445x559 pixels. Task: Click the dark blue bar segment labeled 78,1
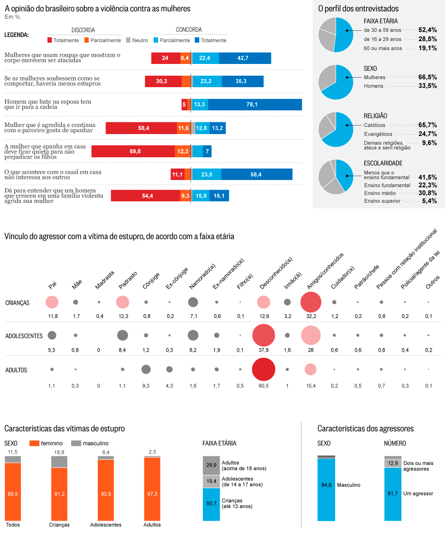coord(255,104)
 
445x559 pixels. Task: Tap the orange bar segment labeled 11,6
coord(184,128)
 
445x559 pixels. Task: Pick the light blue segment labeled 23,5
coord(207,174)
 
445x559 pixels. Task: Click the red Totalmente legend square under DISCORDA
coord(50,40)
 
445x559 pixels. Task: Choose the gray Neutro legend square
coord(128,40)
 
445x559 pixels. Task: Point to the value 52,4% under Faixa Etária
coord(427,30)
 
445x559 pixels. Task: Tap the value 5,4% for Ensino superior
coord(429,201)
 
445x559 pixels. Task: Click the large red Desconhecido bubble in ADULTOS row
coord(264,370)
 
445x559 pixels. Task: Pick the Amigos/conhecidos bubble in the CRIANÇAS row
coord(311,302)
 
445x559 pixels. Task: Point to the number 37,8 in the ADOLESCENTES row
coord(264,350)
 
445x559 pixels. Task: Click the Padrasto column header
coord(128,280)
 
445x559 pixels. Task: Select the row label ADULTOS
coord(16,370)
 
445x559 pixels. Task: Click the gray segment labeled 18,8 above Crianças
coord(59,462)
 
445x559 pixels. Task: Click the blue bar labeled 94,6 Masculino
coord(326,489)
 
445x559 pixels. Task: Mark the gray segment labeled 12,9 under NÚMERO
coord(392,463)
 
